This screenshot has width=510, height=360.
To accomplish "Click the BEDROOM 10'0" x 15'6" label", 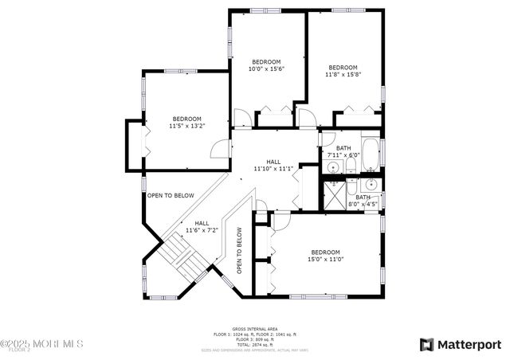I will tap(267, 65).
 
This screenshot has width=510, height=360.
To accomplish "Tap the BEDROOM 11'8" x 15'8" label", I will tap(343, 72).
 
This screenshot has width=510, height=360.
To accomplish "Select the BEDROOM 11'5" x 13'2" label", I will tap(186, 122).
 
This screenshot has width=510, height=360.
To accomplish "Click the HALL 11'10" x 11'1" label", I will tap(273, 165).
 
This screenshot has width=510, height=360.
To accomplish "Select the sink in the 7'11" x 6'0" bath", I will tap(331, 167).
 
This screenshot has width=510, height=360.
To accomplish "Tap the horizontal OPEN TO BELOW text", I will tap(171, 195).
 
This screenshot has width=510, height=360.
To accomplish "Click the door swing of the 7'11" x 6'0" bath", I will tap(326, 137).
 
